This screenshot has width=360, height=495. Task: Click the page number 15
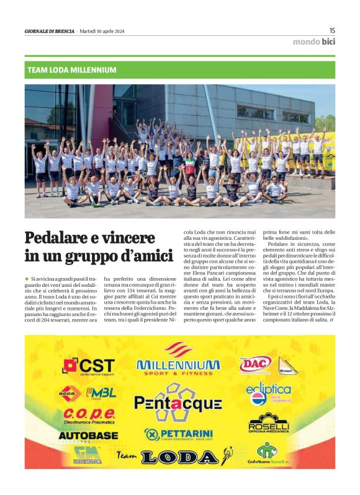coord(332,30)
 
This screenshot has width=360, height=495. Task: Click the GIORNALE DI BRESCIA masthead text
coord(50,31)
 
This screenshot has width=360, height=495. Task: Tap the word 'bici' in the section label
coord(328,42)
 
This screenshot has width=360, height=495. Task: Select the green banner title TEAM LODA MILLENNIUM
coord(72,70)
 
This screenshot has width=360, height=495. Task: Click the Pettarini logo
coord(178,434)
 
